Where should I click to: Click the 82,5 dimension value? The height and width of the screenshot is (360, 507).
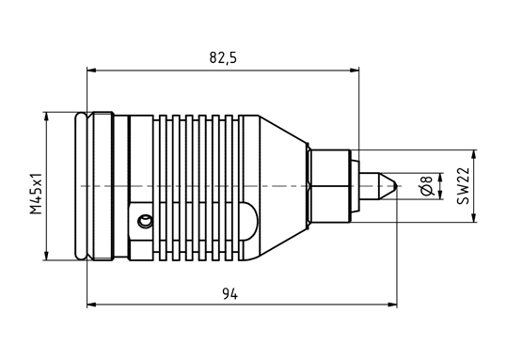223,58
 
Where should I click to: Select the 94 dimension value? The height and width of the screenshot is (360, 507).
230,294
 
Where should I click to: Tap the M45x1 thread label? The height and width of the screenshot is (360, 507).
36,194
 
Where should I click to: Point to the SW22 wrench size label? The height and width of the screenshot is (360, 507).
463,186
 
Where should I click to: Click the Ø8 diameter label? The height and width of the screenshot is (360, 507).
427,186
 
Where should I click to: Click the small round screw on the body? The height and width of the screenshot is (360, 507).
145,221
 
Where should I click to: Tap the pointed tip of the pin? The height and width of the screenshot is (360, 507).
396,186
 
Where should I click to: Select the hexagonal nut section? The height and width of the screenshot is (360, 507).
329,186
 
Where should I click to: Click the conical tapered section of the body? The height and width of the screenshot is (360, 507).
283,186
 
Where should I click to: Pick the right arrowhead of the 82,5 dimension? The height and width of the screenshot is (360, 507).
355,70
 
